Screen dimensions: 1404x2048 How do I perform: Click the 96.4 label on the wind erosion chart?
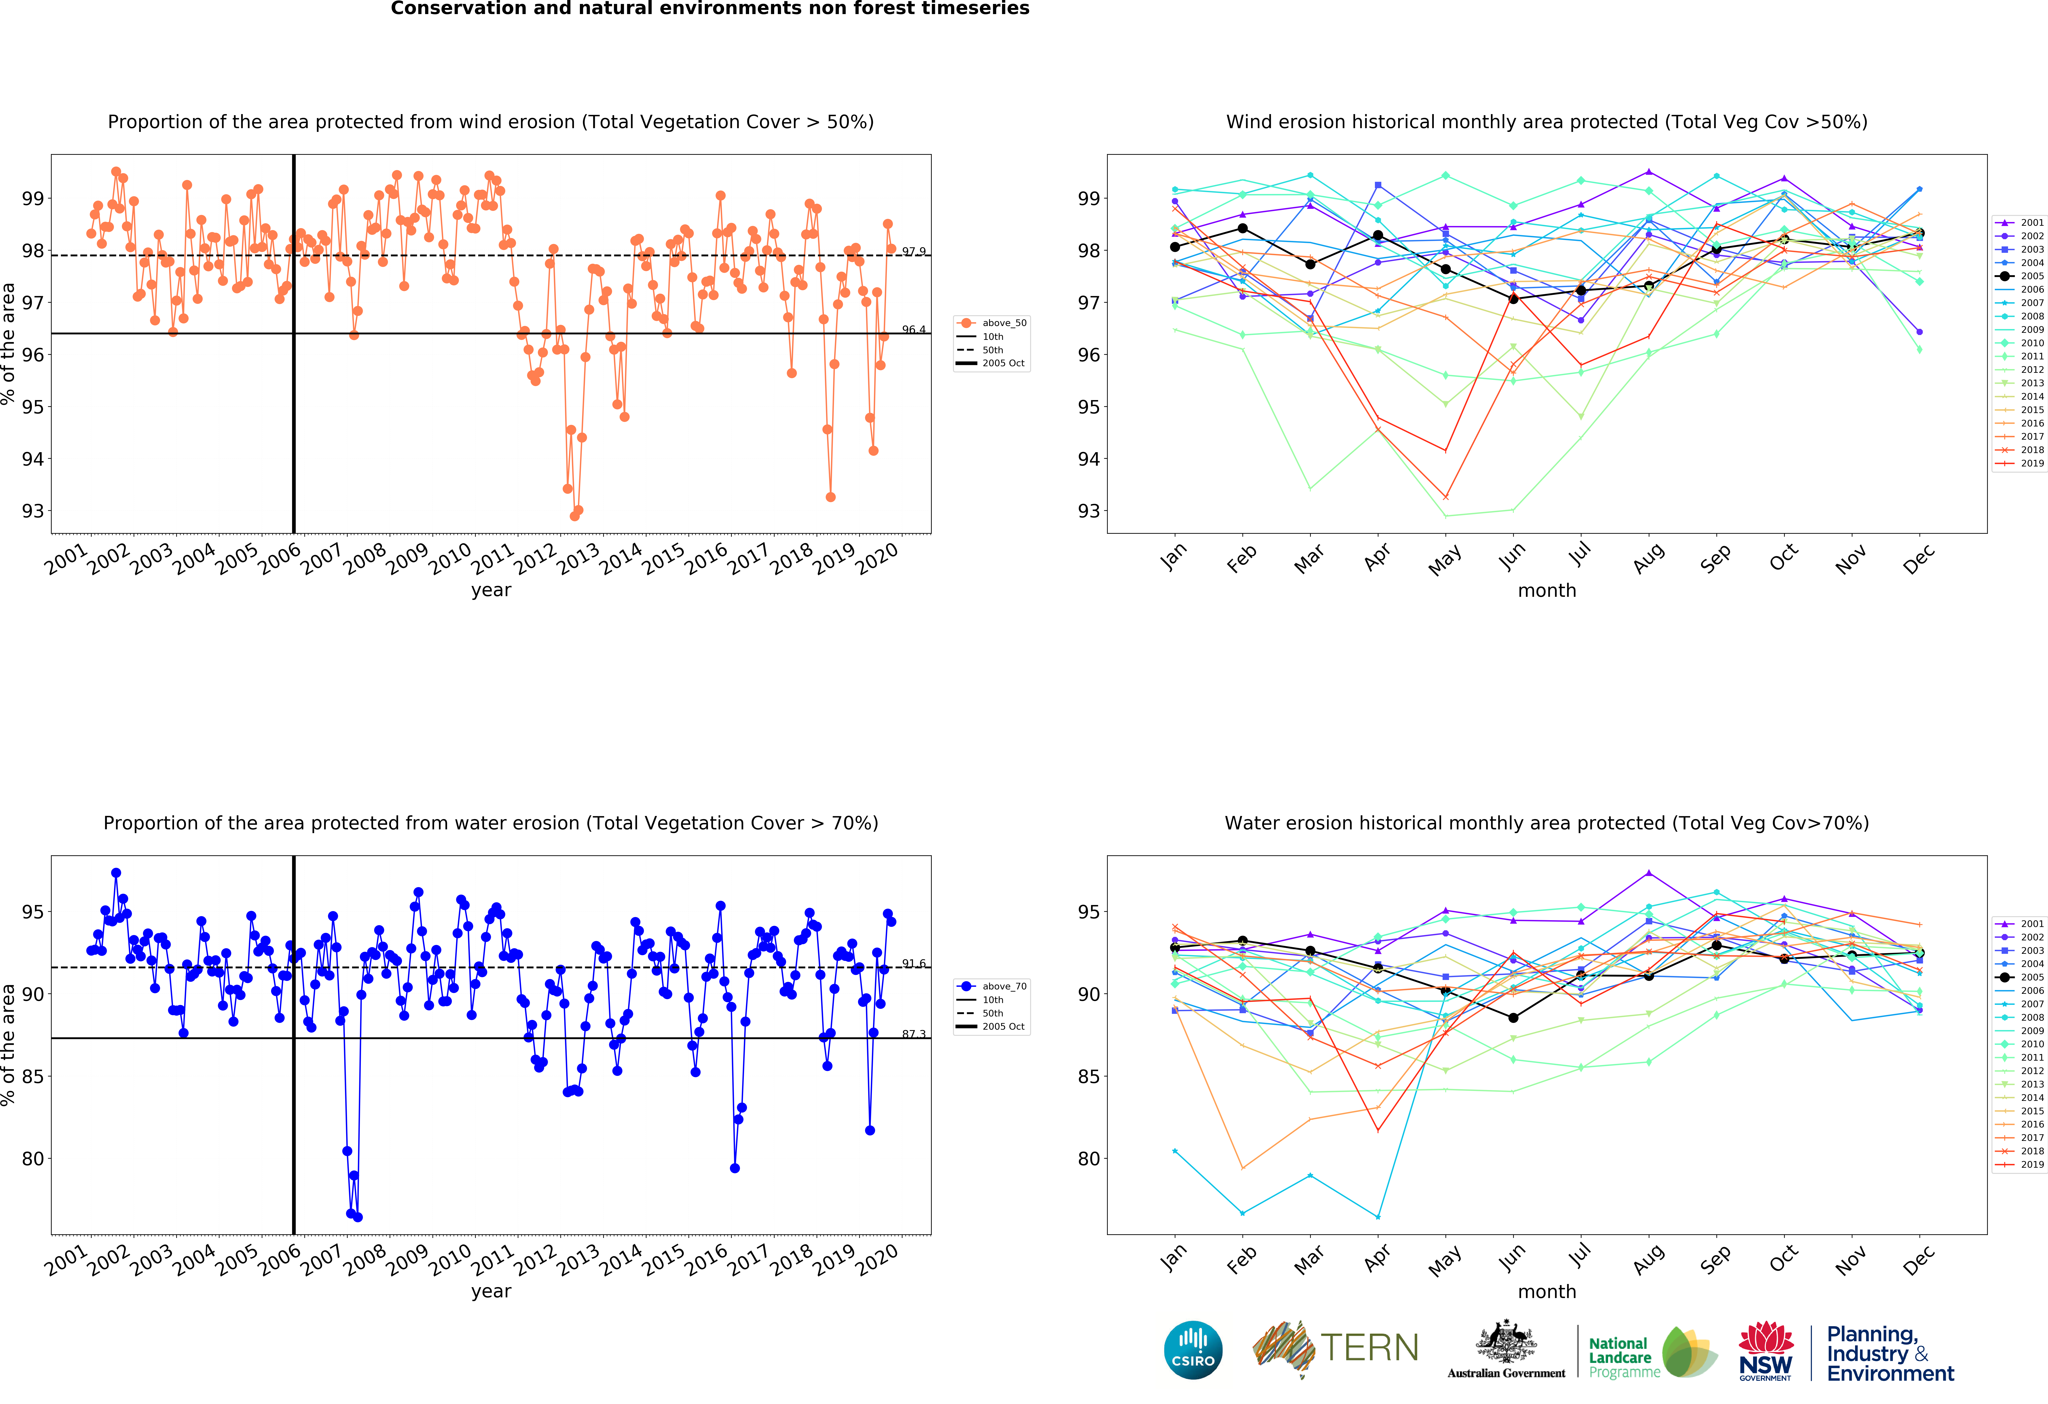[x=913, y=330]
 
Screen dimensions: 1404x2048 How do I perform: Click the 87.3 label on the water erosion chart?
[x=913, y=1034]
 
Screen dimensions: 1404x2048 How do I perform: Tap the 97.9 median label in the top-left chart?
[x=913, y=252]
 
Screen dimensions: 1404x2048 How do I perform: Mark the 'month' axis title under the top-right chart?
[x=1547, y=590]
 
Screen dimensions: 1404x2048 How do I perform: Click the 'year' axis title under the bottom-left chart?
[x=491, y=1291]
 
